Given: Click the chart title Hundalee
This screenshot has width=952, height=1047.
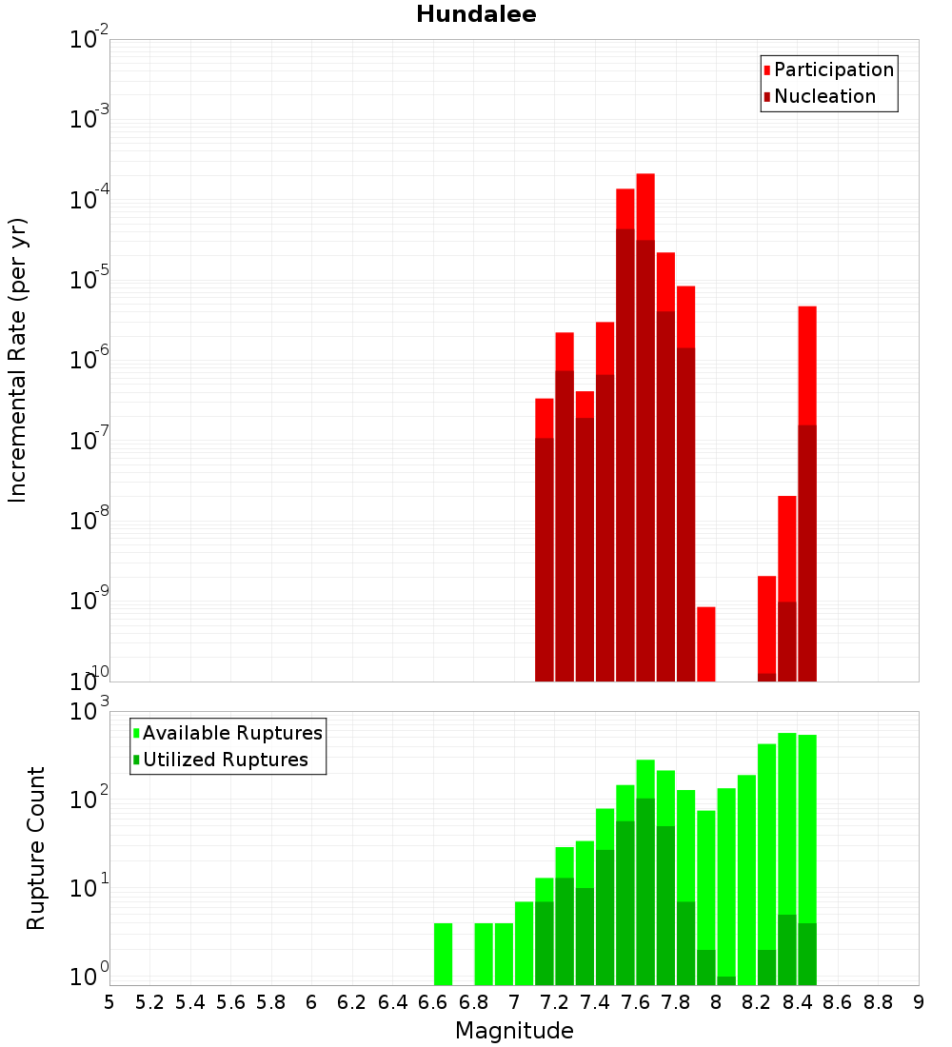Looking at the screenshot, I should pyautogui.click(x=476, y=14).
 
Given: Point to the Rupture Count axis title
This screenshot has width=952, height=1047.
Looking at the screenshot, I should pyautogui.click(x=36, y=848).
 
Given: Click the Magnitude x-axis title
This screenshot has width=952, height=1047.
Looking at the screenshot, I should pyautogui.click(x=514, y=1031).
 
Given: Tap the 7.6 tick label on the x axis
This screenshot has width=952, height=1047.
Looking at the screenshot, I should pyautogui.click(x=635, y=1001).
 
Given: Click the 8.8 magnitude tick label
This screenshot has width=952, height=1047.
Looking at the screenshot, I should pyautogui.click(x=878, y=1001).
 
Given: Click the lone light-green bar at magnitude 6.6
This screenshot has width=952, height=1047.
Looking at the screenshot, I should pyautogui.click(x=443, y=954).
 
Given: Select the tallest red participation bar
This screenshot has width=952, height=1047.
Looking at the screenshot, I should pyautogui.click(x=645, y=205).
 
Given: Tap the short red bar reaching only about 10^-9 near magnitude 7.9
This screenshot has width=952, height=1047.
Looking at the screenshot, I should pyautogui.click(x=705, y=643).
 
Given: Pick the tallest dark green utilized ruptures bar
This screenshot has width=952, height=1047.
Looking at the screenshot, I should pyautogui.click(x=645, y=891).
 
